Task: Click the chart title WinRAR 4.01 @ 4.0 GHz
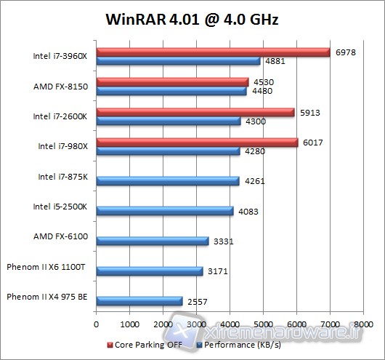coord(192,19)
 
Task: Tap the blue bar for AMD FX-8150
coord(171,92)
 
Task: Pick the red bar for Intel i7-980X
coord(197,143)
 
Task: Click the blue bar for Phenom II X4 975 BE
coord(139,301)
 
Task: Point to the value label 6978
coord(345,52)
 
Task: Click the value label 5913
coord(309,112)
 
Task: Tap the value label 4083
coord(248,212)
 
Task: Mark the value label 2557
coord(198,301)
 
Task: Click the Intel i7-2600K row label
coord(60,116)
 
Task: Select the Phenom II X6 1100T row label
coord(46,267)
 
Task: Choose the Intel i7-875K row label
coord(62,177)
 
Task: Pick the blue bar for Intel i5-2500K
coord(164,212)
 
